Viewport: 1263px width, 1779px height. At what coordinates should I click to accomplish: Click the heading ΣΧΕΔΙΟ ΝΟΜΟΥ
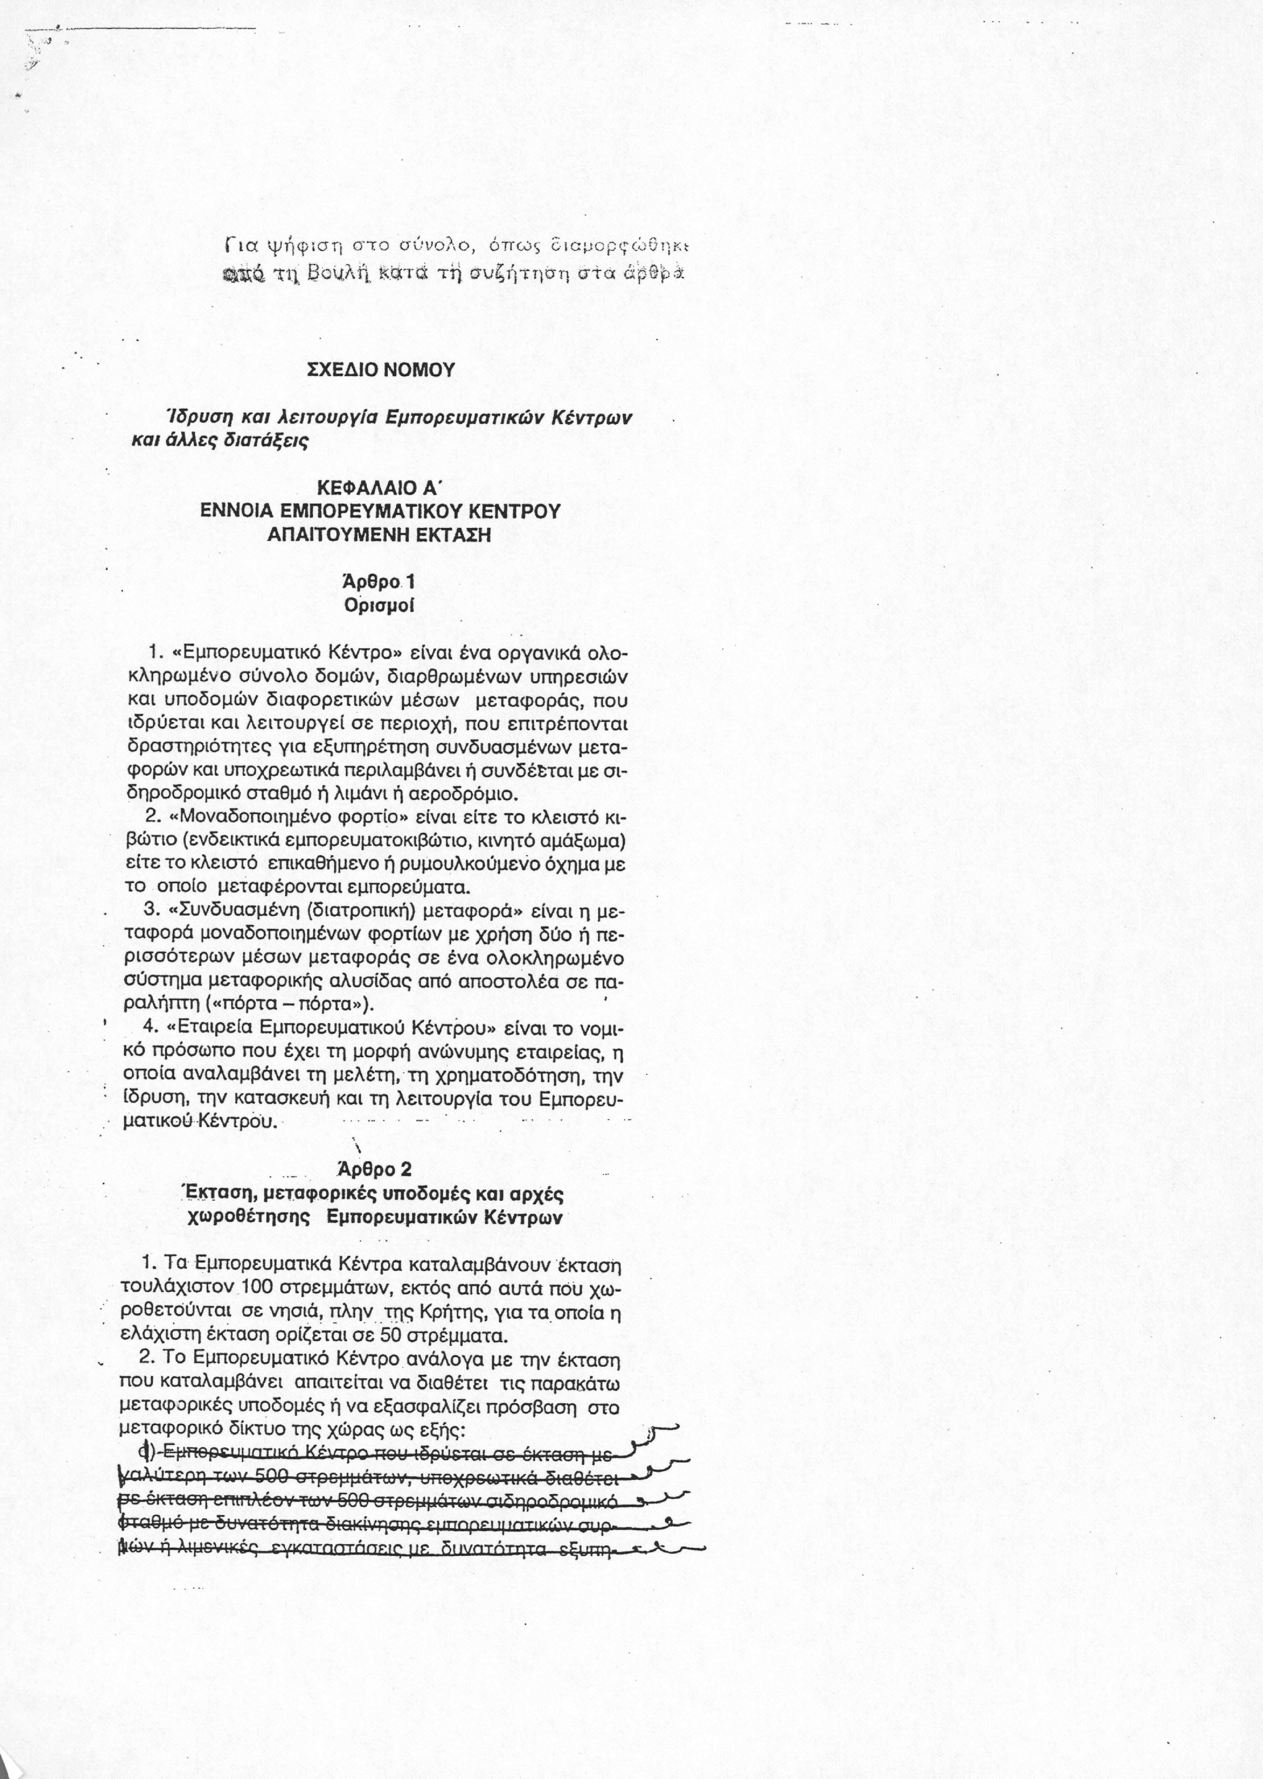pyautogui.click(x=381, y=370)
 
